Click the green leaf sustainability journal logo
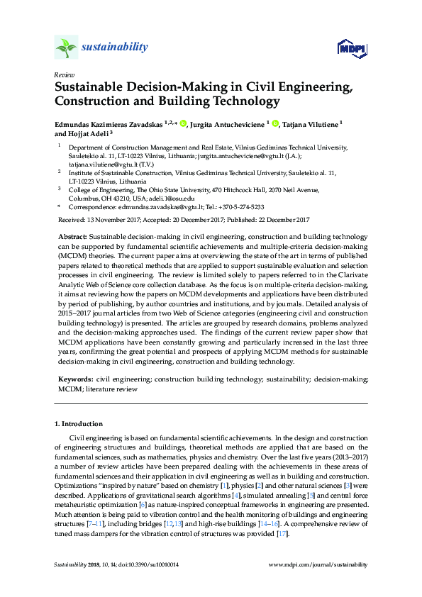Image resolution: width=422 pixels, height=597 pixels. coord(67,48)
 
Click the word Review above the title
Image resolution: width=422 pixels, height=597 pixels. coord(63,74)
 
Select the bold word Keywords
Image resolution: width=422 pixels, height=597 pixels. coord(74,379)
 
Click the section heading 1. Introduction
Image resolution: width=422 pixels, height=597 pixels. coord(78,424)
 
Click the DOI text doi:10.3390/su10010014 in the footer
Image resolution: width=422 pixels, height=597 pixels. coord(140,565)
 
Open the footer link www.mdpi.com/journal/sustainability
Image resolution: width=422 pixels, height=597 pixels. coord(319,565)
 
